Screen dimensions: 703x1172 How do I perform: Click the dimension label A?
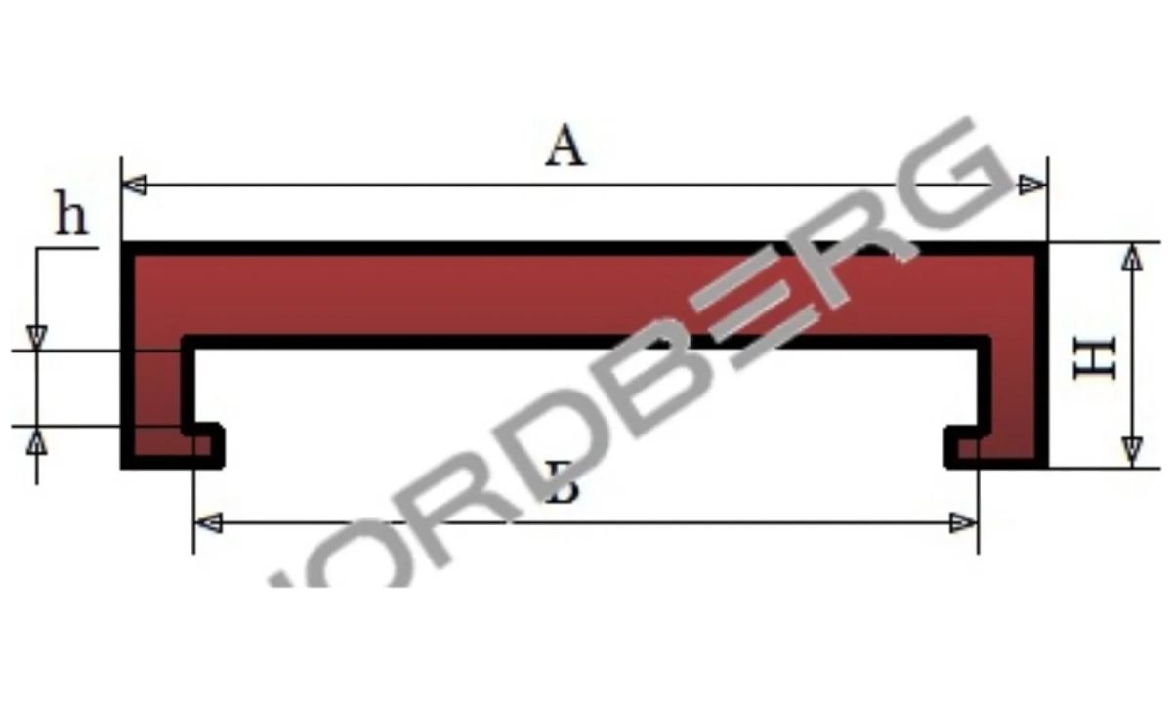(x=565, y=148)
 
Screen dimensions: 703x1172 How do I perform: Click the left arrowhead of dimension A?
(x=135, y=185)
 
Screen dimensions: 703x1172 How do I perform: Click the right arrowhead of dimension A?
(x=1032, y=185)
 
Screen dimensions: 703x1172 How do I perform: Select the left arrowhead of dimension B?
(x=208, y=523)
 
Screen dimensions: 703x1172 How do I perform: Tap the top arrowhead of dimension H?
(x=1131, y=258)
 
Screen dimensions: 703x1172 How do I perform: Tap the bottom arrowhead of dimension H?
(x=1131, y=452)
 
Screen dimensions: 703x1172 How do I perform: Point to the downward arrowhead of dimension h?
(x=37, y=336)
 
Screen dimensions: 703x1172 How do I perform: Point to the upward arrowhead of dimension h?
(x=37, y=441)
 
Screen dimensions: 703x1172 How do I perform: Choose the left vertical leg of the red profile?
(x=155, y=391)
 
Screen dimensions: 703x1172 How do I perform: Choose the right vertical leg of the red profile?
(x=1016, y=391)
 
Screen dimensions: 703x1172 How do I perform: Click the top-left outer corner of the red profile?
(x=124, y=245)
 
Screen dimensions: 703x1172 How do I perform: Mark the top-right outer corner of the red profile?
(x=1045, y=245)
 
